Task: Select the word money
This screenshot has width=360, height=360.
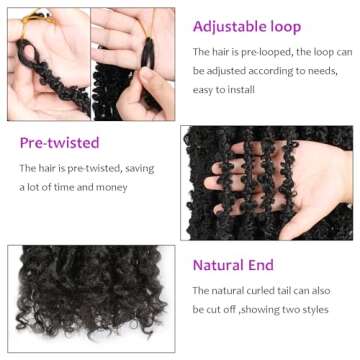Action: click(111, 187)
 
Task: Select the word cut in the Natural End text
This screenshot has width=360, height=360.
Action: click(212, 310)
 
